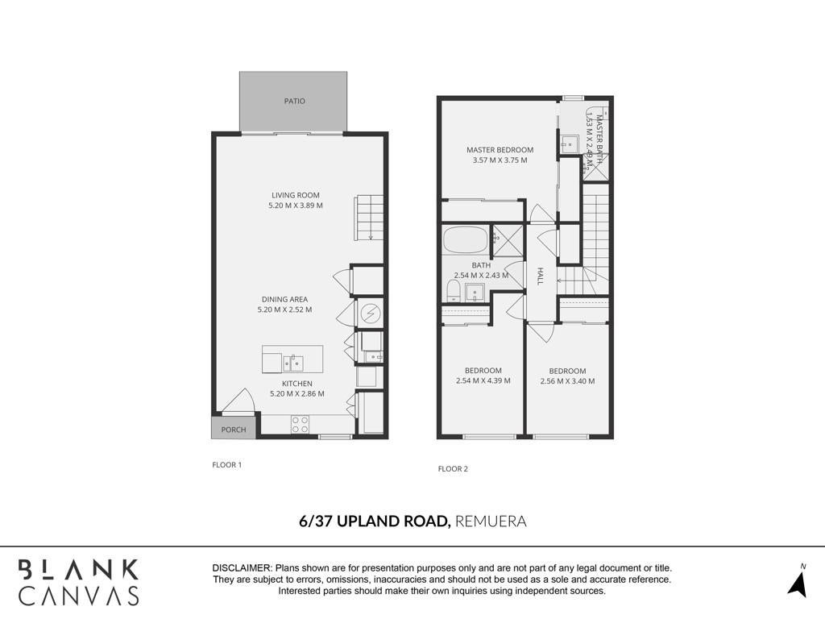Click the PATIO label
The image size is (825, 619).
click(x=294, y=101)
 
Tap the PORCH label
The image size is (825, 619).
click(x=234, y=430)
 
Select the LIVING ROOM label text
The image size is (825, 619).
click(x=296, y=195)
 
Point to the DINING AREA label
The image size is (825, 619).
click(x=284, y=300)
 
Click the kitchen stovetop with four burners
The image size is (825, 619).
click(x=300, y=425)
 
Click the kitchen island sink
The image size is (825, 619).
click(x=293, y=364)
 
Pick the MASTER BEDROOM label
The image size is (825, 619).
click(x=500, y=150)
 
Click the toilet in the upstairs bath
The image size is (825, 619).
click(x=453, y=290)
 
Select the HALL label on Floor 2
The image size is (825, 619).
click(x=540, y=276)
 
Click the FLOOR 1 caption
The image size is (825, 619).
click(x=226, y=465)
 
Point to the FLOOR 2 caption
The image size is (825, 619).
click(x=453, y=469)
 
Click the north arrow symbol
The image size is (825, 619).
click(x=798, y=584)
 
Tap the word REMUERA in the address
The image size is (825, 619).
click(x=491, y=521)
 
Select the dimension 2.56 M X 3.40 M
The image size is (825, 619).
click(x=567, y=381)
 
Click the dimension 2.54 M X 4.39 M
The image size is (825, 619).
click(x=483, y=380)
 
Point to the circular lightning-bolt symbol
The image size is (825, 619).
click(x=371, y=314)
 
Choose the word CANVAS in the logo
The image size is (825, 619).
click(x=79, y=596)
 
